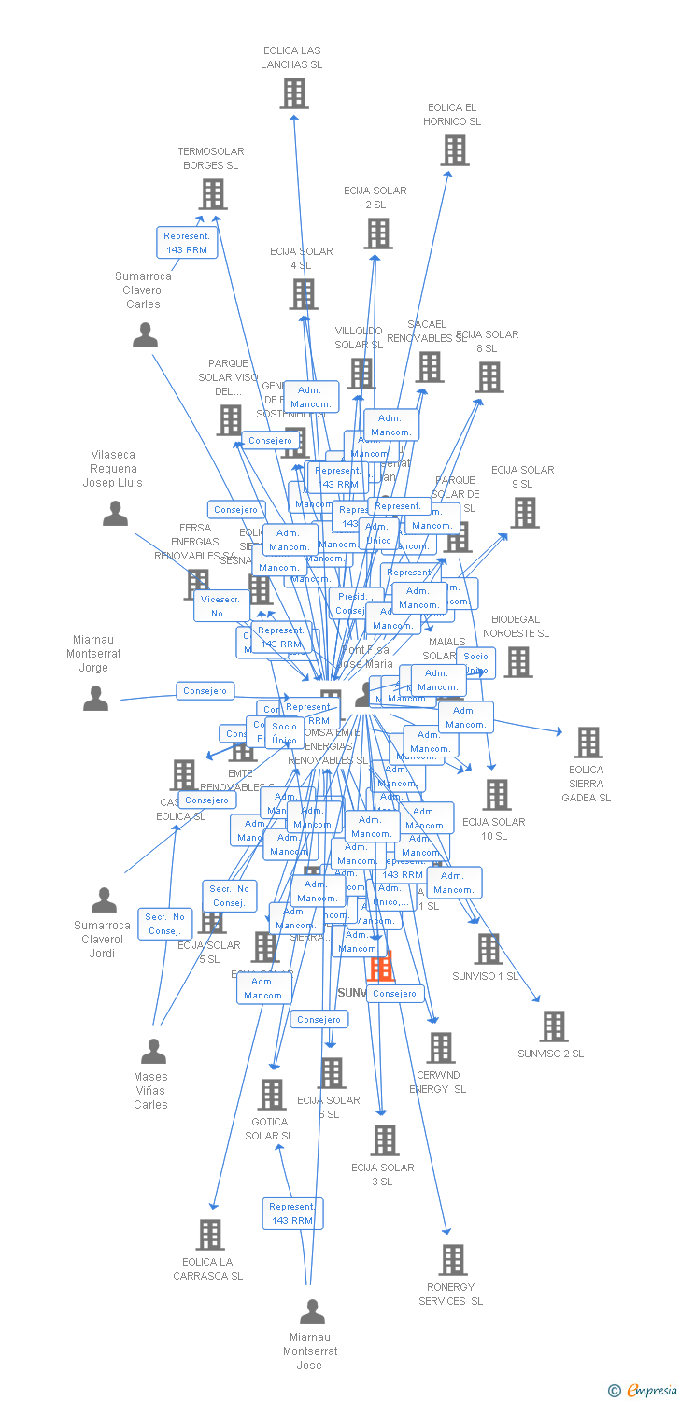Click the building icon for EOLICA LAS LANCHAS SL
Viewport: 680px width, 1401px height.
[294, 93]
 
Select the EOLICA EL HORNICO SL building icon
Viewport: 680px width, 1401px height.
[455, 150]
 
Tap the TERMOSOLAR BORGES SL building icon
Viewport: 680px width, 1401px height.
[213, 194]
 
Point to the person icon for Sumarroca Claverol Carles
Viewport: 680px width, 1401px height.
[145, 334]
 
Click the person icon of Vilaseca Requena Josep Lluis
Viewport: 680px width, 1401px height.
[115, 513]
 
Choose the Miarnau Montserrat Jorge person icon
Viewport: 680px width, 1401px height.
[95, 698]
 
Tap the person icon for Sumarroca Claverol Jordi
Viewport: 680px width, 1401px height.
[104, 899]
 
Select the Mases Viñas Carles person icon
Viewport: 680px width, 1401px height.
[153, 1051]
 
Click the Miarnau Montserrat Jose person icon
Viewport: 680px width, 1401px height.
[312, 1311]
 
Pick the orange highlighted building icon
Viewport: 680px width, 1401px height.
[381, 967]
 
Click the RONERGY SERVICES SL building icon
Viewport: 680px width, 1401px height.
[453, 1259]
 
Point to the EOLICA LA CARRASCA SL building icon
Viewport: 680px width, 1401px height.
[210, 1234]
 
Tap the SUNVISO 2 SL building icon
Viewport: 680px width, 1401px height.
[554, 1026]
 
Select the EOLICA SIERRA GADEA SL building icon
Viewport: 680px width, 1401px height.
[588, 743]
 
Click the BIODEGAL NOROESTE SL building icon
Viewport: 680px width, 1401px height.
[518, 662]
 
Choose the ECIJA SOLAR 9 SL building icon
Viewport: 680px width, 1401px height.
[525, 513]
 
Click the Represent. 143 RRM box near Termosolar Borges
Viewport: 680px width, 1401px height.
[186, 243]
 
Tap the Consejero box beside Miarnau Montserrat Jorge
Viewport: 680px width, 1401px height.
[205, 691]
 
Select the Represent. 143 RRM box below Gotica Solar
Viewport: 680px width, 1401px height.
[292, 1213]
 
